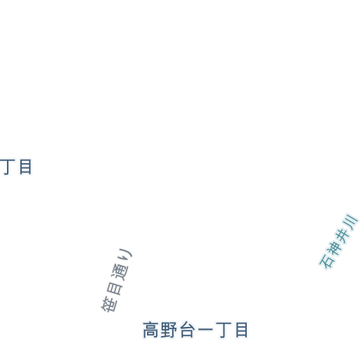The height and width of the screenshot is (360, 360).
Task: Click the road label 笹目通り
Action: [x=116, y=281]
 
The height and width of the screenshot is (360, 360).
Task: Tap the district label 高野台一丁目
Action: [x=195, y=330]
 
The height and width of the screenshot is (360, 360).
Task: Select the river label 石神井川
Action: [x=338, y=241]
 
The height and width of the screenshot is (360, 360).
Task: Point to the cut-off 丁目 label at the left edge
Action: [x=15, y=167]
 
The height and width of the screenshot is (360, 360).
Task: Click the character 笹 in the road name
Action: [x=109, y=304]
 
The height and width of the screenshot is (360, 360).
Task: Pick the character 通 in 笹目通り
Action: [x=120, y=272]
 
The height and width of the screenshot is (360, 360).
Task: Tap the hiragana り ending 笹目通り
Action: [x=126, y=255]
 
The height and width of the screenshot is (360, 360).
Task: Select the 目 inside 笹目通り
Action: [x=115, y=288]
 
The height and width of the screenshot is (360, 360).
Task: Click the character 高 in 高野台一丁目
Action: [x=150, y=330]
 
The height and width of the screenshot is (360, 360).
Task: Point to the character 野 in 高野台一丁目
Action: [x=169, y=330]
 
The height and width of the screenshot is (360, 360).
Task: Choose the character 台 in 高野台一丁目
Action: [x=187, y=330]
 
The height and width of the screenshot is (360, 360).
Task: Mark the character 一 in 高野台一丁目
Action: [x=205, y=330]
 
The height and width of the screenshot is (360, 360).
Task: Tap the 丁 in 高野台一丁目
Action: [x=224, y=330]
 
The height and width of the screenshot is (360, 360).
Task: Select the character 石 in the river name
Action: [x=326, y=261]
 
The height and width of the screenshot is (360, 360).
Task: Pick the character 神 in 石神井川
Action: [x=334, y=248]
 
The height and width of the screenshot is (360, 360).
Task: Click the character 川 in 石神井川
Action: [x=351, y=221]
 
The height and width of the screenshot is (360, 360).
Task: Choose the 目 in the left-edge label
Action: [x=25, y=167]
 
